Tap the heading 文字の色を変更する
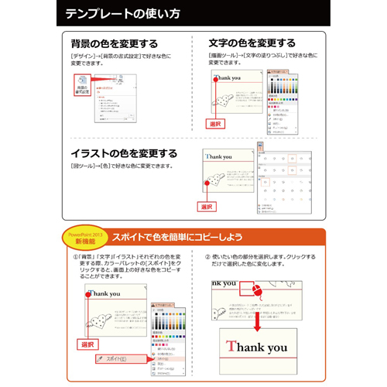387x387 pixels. (x=252, y=43)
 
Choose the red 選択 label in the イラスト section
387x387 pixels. (x=207, y=207)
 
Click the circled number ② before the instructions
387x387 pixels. (x=207, y=257)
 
